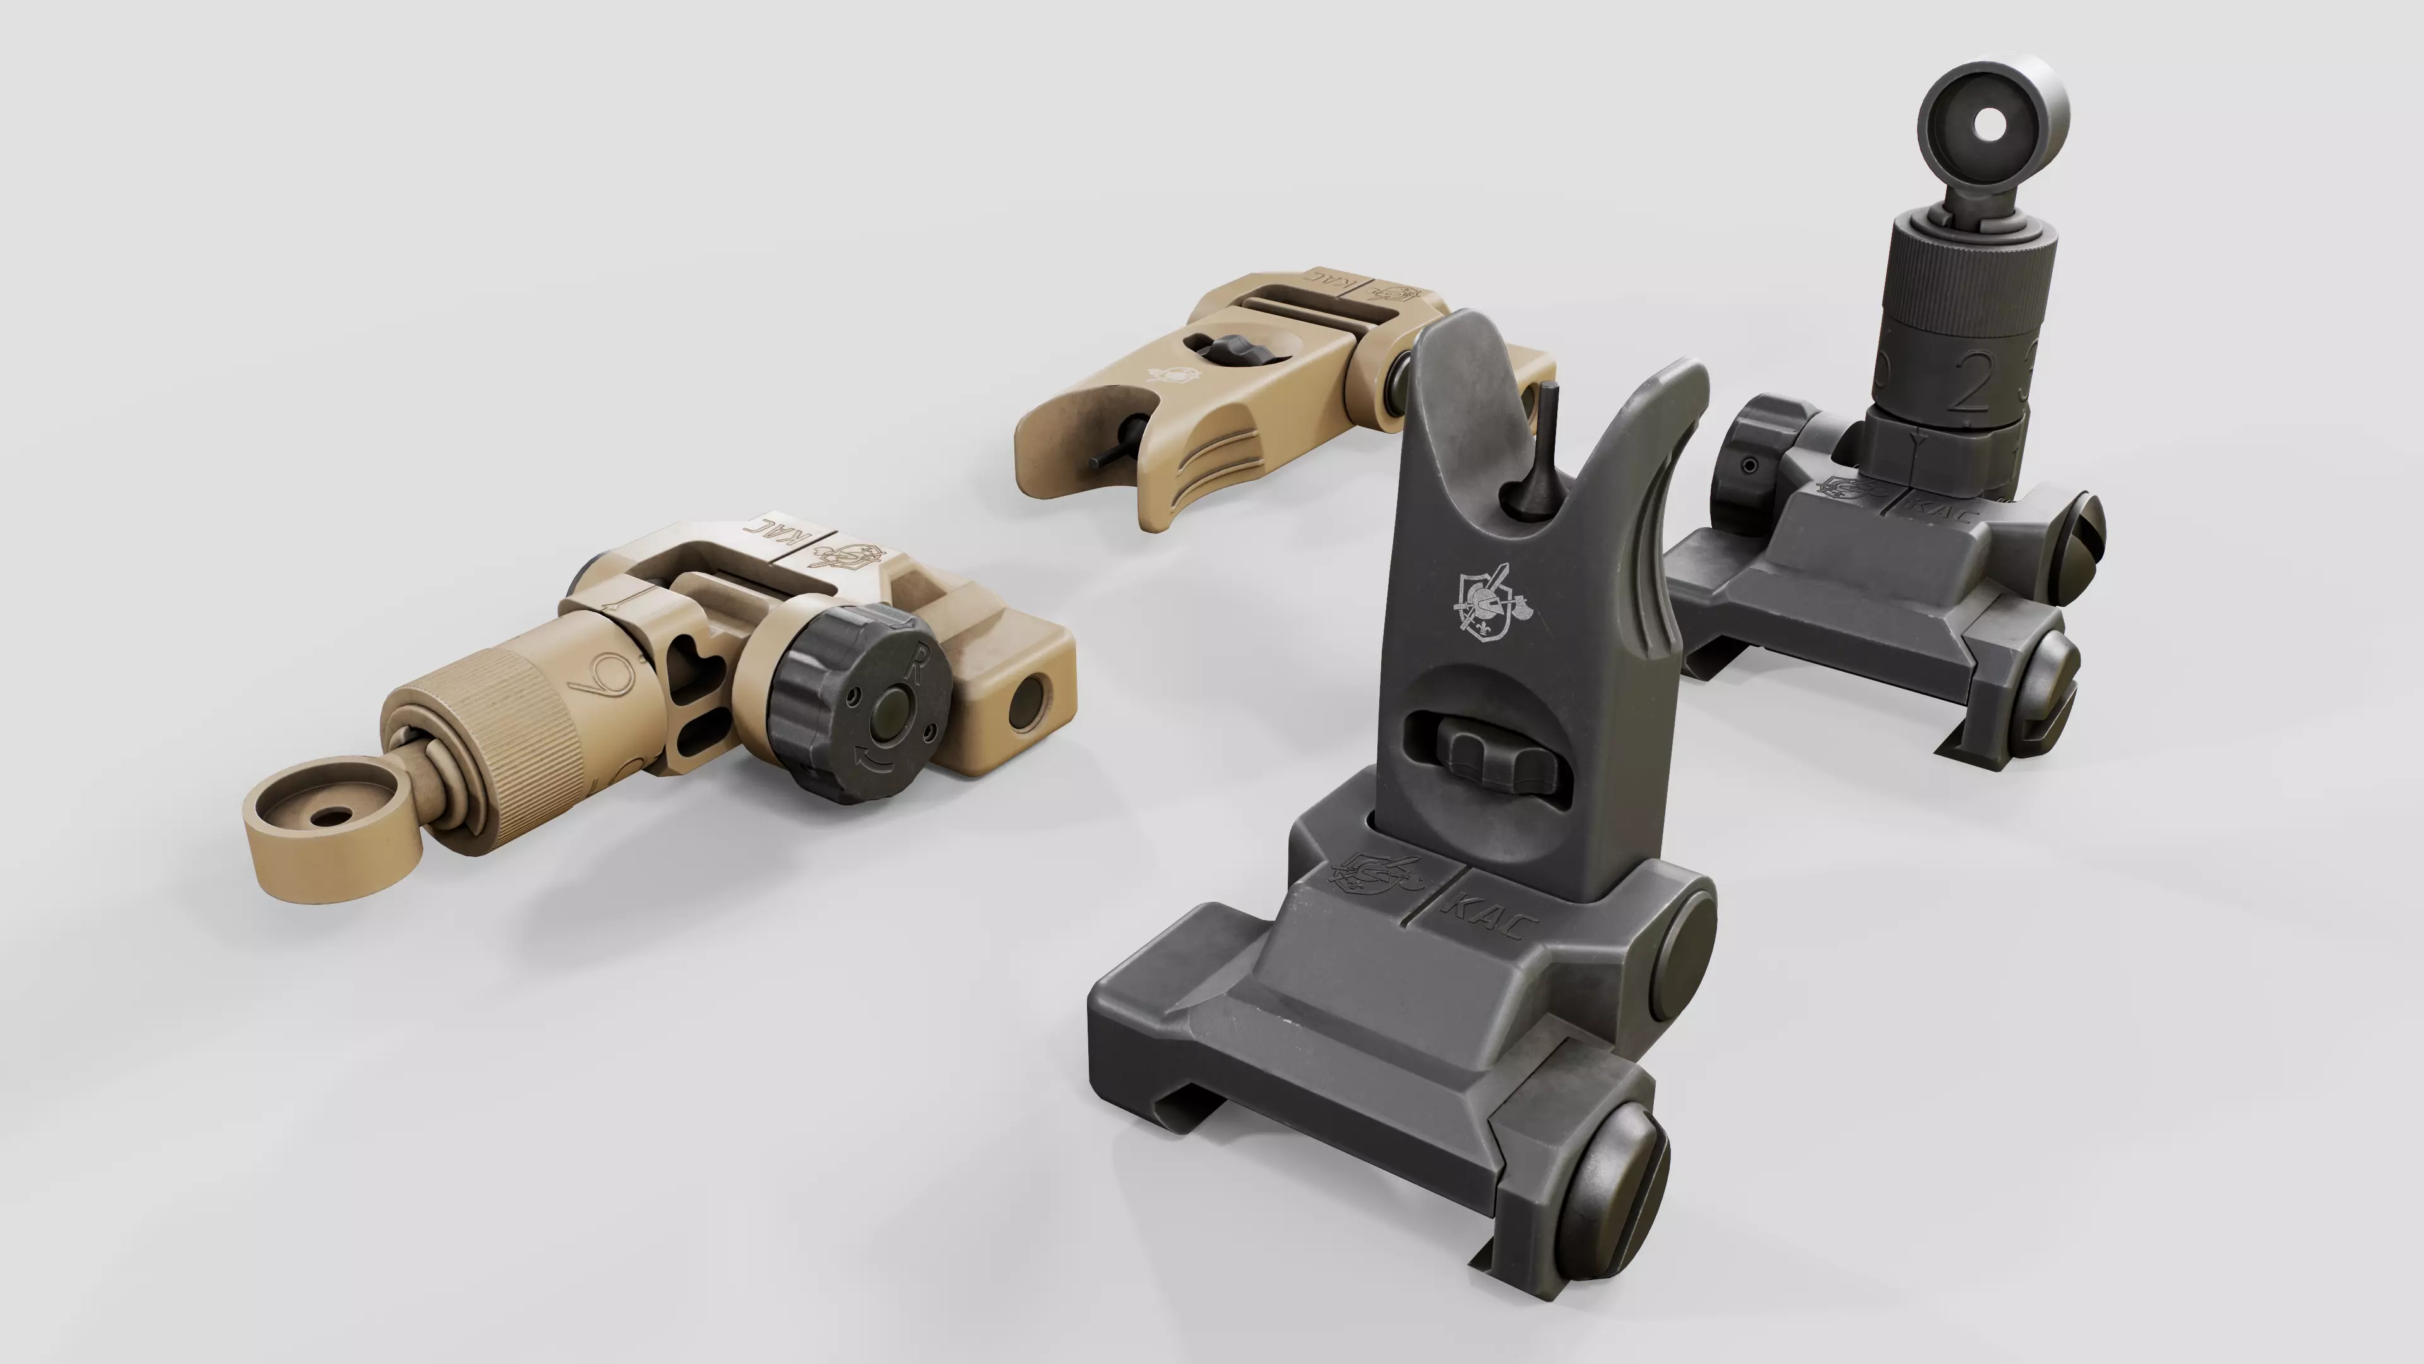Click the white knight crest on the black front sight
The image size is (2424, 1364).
click(1494, 607)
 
